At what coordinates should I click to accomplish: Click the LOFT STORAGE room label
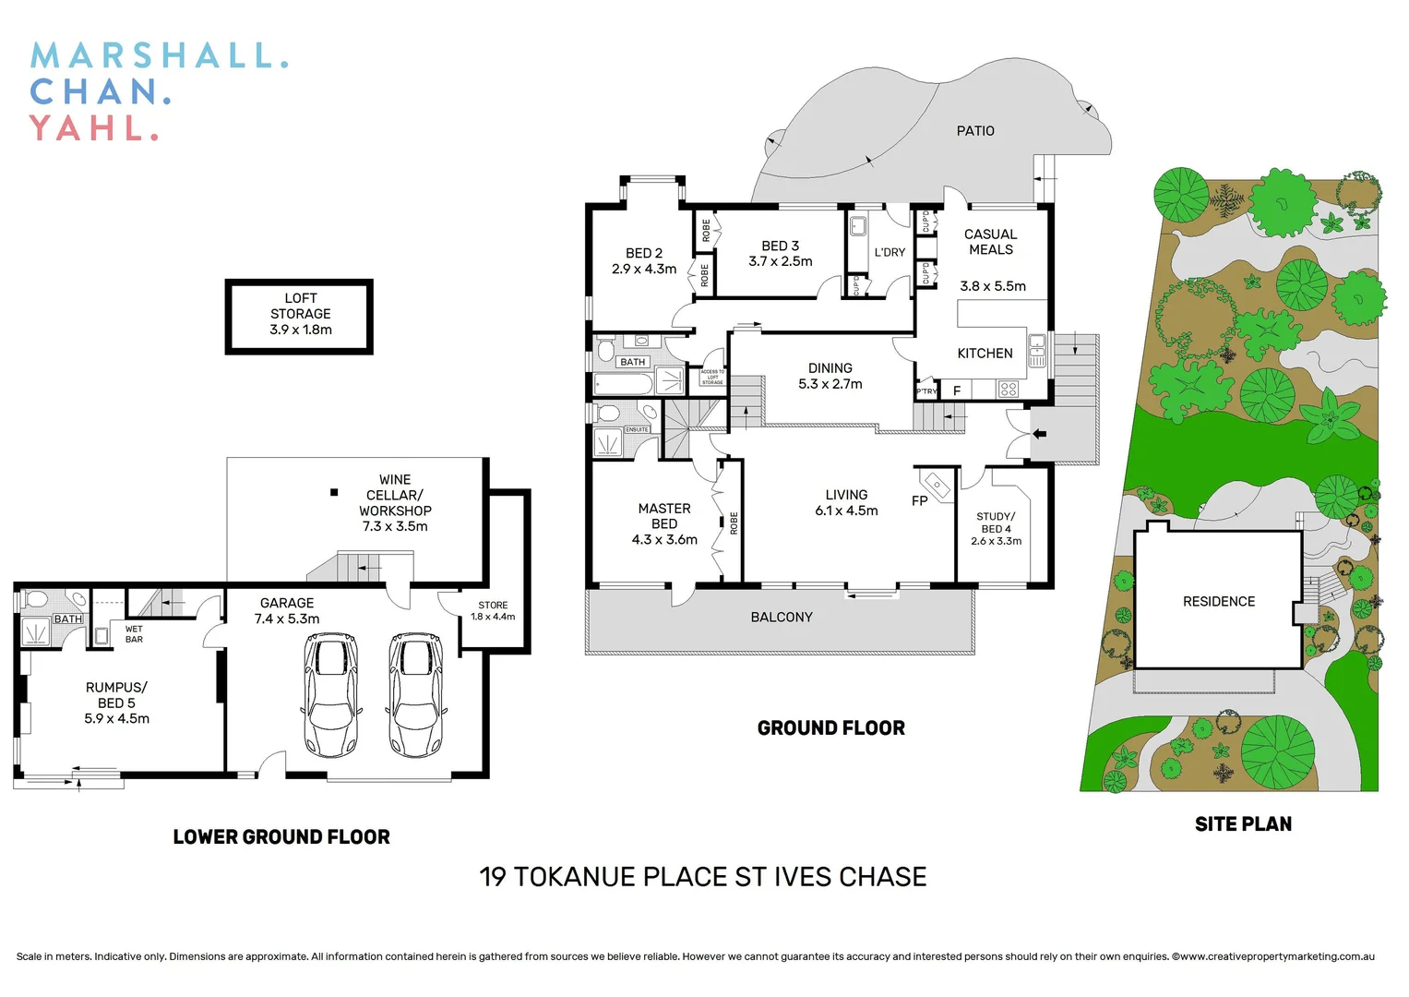click(x=300, y=314)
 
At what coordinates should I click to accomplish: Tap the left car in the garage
click(x=330, y=694)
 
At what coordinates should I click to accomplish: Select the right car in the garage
click(x=414, y=694)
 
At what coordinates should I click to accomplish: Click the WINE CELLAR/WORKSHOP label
click(x=395, y=503)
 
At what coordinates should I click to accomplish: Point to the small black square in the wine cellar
click(x=334, y=493)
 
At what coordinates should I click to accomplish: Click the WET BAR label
click(x=134, y=634)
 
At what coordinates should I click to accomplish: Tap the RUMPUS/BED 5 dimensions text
click(x=116, y=718)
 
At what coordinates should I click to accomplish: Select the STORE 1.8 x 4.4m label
click(x=493, y=611)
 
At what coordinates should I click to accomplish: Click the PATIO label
click(x=975, y=131)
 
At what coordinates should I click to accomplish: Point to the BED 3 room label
click(x=780, y=254)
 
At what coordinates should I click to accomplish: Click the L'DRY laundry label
click(x=890, y=252)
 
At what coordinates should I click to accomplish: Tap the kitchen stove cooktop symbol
click(x=1009, y=390)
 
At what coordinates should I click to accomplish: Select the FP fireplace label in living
click(x=919, y=501)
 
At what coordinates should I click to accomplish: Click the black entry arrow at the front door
click(x=1039, y=433)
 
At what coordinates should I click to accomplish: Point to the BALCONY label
click(x=782, y=618)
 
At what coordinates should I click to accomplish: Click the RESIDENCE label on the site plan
click(x=1219, y=602)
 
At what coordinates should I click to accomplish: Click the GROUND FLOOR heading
click(x=830, y=728)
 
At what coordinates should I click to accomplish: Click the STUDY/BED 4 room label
click(x=996, y=529)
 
